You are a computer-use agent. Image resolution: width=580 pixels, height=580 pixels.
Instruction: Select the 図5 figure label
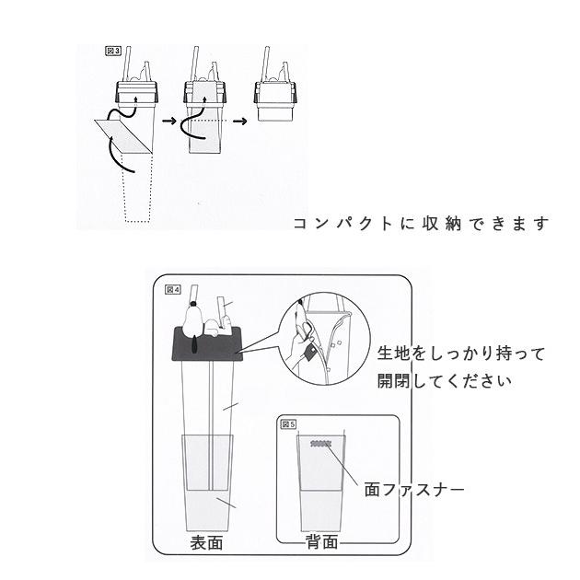[288, 424]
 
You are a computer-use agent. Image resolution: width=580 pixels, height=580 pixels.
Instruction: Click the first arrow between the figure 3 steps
[168, 120]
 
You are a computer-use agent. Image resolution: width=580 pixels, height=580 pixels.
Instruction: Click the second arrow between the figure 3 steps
[241, 120]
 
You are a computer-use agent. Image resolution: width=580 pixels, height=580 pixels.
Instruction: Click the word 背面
[321, 542]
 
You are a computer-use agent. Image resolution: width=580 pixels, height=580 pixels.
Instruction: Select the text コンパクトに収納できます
[421, 224]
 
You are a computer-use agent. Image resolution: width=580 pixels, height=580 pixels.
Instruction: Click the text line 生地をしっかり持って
[461, 354]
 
